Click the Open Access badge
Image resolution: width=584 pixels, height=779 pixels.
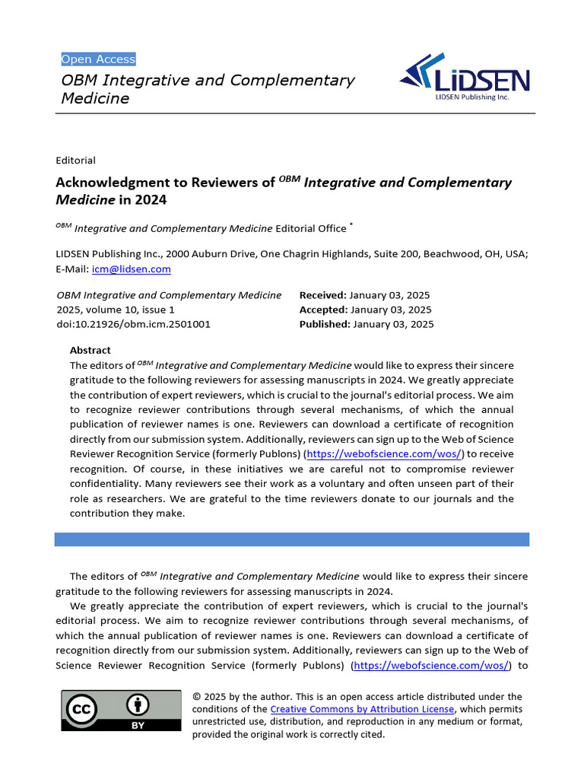coord(98,59)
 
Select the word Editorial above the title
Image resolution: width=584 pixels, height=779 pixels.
coord(75,161)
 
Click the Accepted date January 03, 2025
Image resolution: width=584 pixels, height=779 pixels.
coord(391,310)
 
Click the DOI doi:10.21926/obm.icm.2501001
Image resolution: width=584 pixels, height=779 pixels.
coord(134,324)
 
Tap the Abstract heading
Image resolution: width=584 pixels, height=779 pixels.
coord(90,351)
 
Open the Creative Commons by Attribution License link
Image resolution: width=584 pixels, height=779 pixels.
coord(362,709)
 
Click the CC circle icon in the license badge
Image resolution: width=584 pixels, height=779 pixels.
coord(83,710)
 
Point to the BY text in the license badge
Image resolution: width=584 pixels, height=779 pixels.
coord(138,726)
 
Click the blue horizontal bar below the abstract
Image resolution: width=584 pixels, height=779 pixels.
coord(291,539)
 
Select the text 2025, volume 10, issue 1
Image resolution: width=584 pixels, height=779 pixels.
coord(116,310)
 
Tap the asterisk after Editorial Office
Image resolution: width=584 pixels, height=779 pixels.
coord(351,226)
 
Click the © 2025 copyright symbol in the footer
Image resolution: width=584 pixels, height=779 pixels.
coord(198,697)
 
